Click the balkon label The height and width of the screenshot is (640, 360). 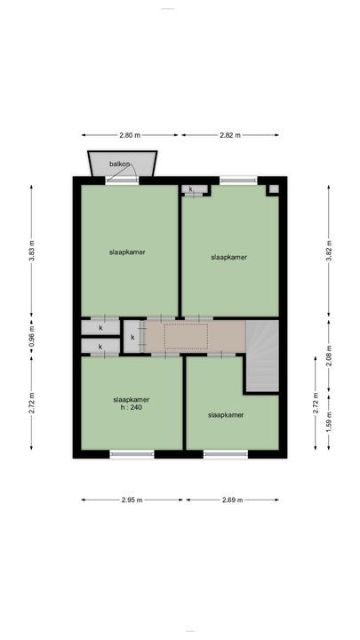pyautogui.click(x=121, y=164)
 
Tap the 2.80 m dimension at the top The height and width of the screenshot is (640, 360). pyautogui.click(x=131, y=135)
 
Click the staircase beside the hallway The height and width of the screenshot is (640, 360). pyautogui.click(x=262, y=356)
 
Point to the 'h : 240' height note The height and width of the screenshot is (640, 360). pyautogui.click(x=131, y=408)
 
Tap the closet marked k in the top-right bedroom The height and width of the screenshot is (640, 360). pyautogui.click(x=193, y=189)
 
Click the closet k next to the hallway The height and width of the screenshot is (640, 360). pyautogui.click(x=132, y=338)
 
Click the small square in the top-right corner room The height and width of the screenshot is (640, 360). pyautogui.click(x=273, y=189)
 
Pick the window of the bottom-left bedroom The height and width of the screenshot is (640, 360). pyautogui.click(x=132, y=454)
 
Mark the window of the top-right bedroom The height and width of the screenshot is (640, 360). pyautogui.click(x=237, y=180)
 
